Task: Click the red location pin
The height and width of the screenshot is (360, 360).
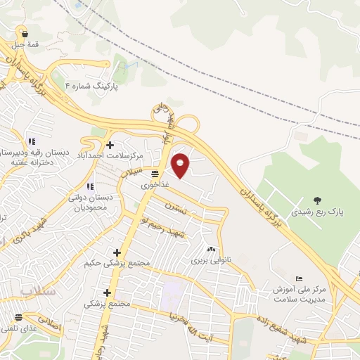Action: click(x=181, y=165)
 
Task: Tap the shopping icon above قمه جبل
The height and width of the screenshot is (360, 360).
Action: click(x=25, y=33)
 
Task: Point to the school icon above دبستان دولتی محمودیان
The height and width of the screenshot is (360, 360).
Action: click(x=89, y=186)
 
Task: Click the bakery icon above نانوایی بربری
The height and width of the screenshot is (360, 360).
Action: click(x=211, y=249)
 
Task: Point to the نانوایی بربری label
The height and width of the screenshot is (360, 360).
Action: click(x=208, y=260)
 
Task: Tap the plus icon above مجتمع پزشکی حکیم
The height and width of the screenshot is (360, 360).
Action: click(x=117, y=252)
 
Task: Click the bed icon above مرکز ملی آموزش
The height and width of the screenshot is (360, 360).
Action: click(x=300, y=279)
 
